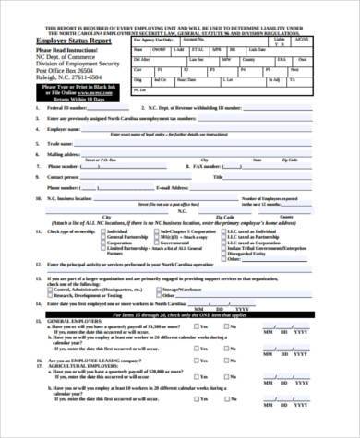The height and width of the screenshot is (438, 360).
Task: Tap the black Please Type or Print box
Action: [72, 92]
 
